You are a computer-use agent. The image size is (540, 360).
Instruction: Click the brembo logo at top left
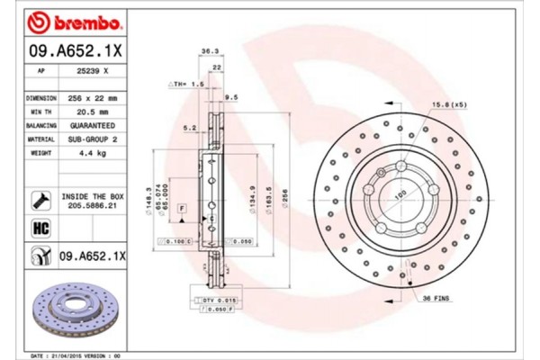tap(65, 21)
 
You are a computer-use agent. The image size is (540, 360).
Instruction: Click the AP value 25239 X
tap(94, 69)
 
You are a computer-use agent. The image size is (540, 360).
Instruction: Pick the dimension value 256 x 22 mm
tap(94, 96)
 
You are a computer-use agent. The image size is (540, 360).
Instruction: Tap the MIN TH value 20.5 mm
tap(94, 111)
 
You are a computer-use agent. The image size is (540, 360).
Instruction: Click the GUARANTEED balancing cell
tap(94, 125)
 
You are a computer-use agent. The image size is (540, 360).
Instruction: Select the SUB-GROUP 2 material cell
tap(94, 139)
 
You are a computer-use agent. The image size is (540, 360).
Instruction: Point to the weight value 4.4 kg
tap(94, 154)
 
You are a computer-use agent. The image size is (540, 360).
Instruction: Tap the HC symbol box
tap(41, 228)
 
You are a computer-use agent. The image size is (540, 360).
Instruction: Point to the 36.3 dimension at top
tap(208, 51)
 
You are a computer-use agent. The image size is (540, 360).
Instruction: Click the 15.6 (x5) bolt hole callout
tap(448, 106)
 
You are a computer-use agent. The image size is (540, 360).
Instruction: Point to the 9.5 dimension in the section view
tap(230, 97)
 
